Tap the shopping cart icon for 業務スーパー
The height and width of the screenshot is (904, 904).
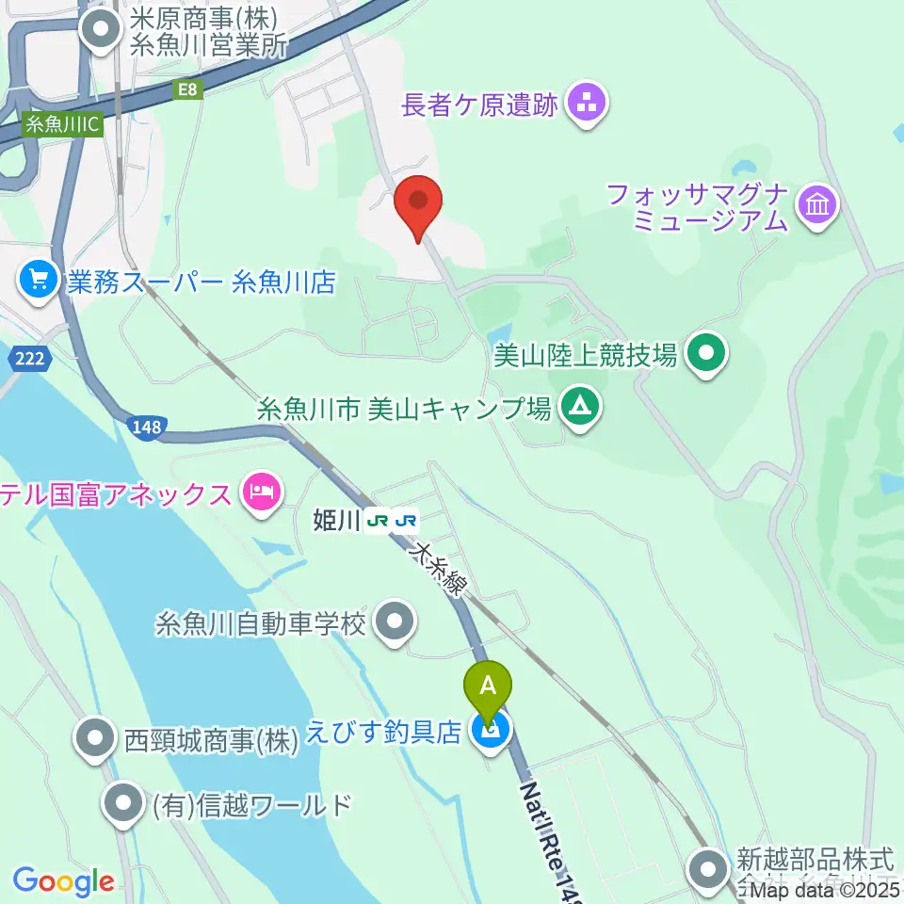(x=39, y=280)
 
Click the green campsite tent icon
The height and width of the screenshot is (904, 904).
(x=578, y=407)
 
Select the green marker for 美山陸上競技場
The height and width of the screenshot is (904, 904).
(x=707, y=355)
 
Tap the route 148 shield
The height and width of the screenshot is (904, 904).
(x=147, y=428)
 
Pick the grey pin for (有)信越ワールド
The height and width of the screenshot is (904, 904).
(x=123, y=804)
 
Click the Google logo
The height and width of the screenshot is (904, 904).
(x=63, y=881)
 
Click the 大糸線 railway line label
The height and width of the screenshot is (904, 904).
(x=438, y=571)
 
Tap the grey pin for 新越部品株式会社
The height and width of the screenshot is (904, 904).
(x=707, y=867)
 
